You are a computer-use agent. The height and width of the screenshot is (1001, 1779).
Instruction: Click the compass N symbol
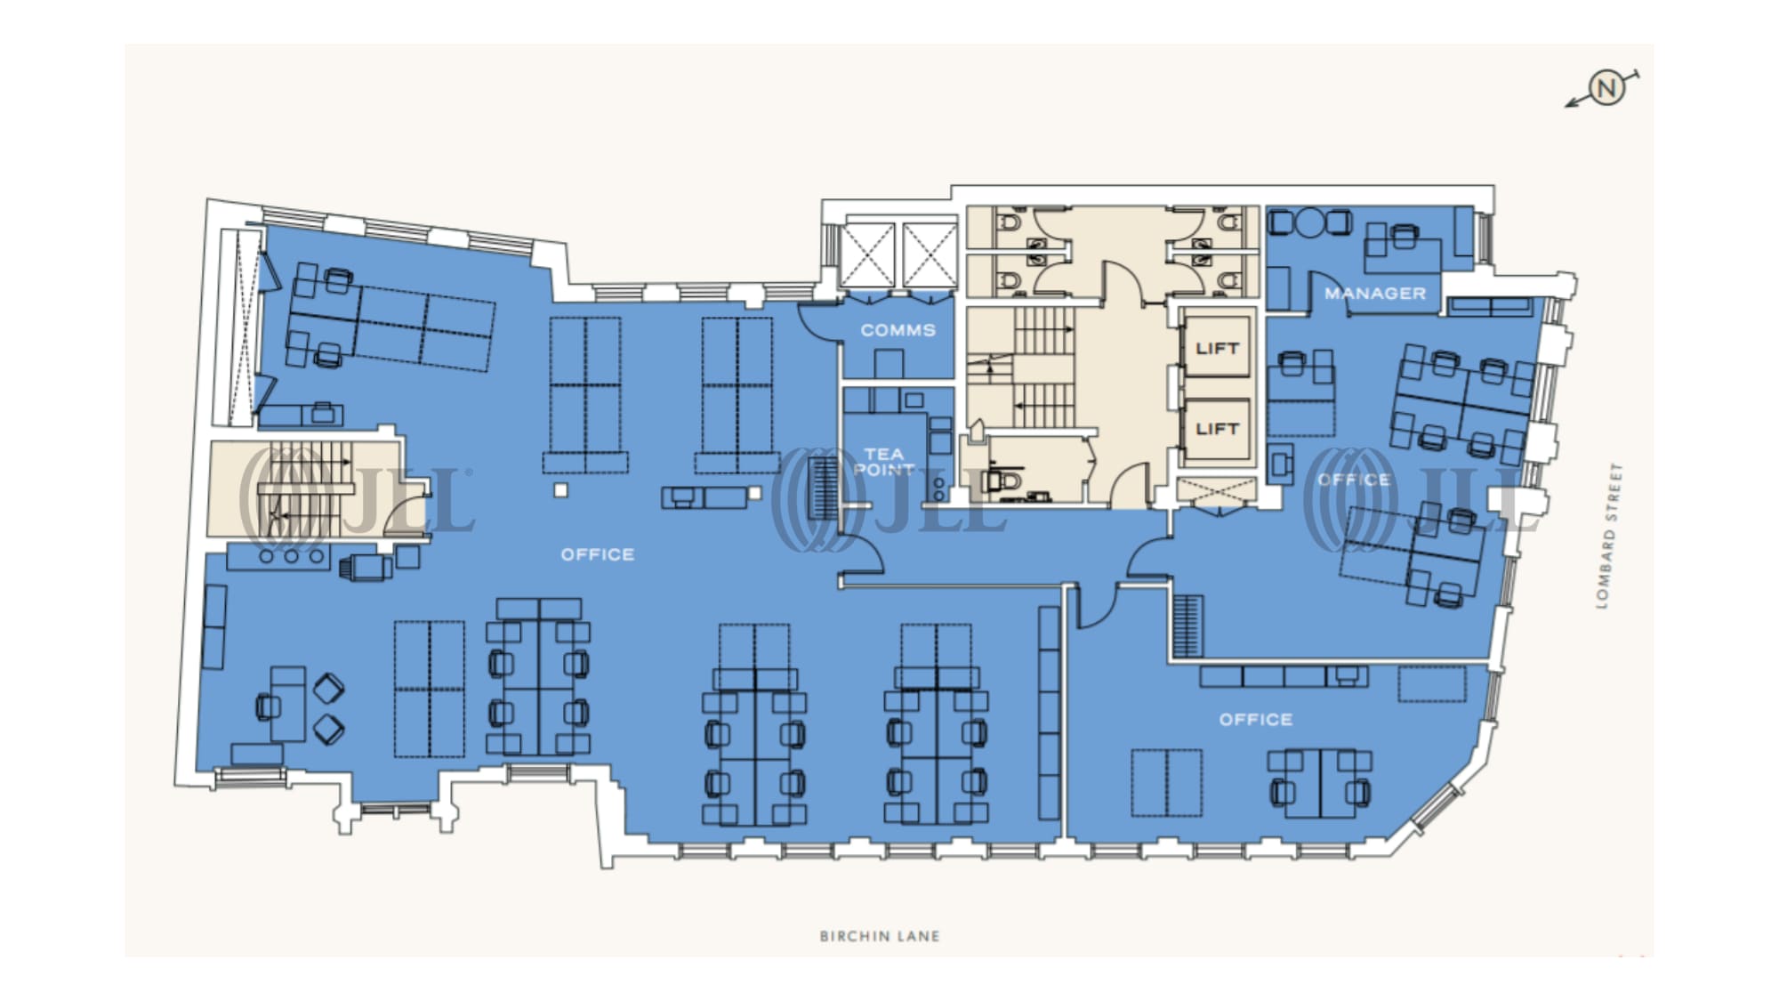1606,88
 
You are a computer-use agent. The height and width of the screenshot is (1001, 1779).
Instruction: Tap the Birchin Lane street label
880,936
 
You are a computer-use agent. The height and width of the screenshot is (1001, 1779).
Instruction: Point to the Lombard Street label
1610,536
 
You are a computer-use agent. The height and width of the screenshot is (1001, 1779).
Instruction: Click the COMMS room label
898,330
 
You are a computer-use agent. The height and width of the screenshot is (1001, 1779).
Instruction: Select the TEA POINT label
884,462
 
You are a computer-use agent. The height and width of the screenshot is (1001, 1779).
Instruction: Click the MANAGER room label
1375,293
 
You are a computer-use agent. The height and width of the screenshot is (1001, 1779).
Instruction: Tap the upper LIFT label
1217,349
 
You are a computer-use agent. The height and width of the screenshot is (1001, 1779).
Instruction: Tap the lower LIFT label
1217,429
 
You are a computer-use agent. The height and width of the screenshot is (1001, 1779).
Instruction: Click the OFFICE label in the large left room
598,554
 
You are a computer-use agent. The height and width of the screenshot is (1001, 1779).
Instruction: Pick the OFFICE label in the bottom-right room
1256,719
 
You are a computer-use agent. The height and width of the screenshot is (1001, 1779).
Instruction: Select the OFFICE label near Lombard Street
1354,480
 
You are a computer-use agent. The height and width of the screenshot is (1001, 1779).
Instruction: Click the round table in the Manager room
1309,222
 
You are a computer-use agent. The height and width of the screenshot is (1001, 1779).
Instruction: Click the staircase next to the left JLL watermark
306,488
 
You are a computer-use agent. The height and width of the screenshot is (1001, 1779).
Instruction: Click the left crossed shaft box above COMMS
867,255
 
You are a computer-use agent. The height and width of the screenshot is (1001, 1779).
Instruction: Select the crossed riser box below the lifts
1216,489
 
